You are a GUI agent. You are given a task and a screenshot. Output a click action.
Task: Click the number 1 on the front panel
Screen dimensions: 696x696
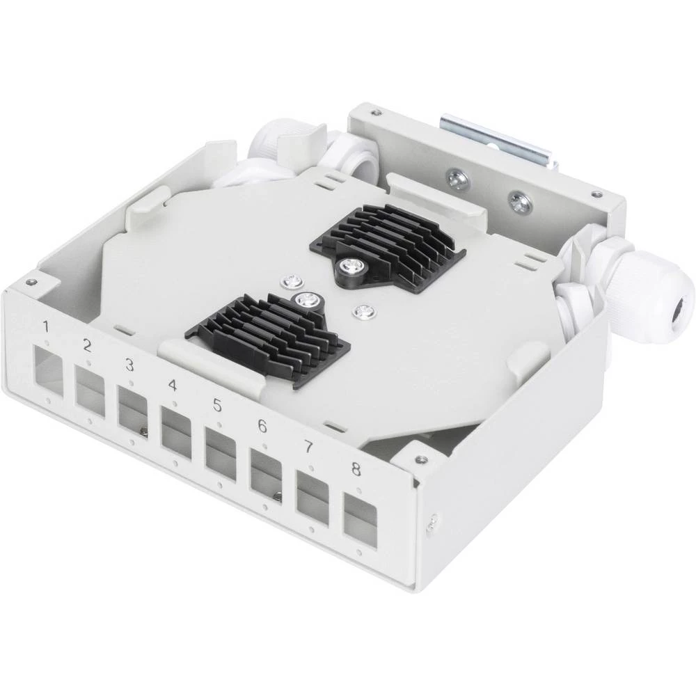click(46, 326)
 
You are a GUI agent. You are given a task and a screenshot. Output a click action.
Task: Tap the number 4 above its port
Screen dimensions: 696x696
click(173, 385)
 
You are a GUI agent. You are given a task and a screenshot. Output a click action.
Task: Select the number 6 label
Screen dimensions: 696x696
click(262, 426)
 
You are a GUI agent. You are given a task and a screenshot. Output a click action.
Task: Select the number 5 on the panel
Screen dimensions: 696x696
click(217, 405)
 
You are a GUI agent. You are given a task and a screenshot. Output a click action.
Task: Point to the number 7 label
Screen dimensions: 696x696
click(308, 448)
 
